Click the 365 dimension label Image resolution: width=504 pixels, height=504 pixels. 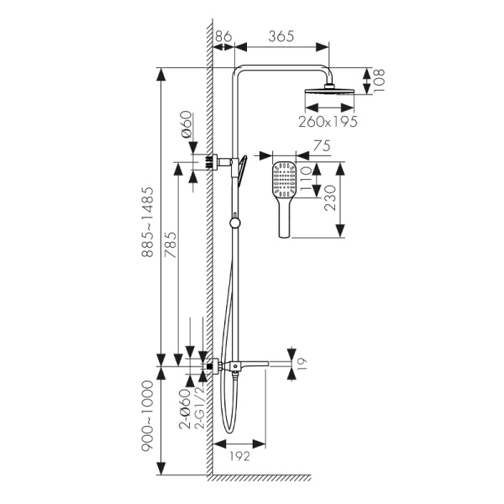click(x=281, y=36)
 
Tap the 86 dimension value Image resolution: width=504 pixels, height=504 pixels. click(x=223, y=36)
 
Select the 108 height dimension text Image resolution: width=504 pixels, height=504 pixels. click(x=380, y=81)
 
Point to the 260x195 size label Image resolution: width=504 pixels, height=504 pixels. click(x=328, y=121)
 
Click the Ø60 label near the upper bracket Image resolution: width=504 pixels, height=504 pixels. click(x=187, y=127)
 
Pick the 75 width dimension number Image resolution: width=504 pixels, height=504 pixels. click(x=319, y=144)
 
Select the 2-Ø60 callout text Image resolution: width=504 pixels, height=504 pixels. click(x=185, y=408)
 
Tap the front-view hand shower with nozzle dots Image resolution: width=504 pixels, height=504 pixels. click(x=285, y=189)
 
